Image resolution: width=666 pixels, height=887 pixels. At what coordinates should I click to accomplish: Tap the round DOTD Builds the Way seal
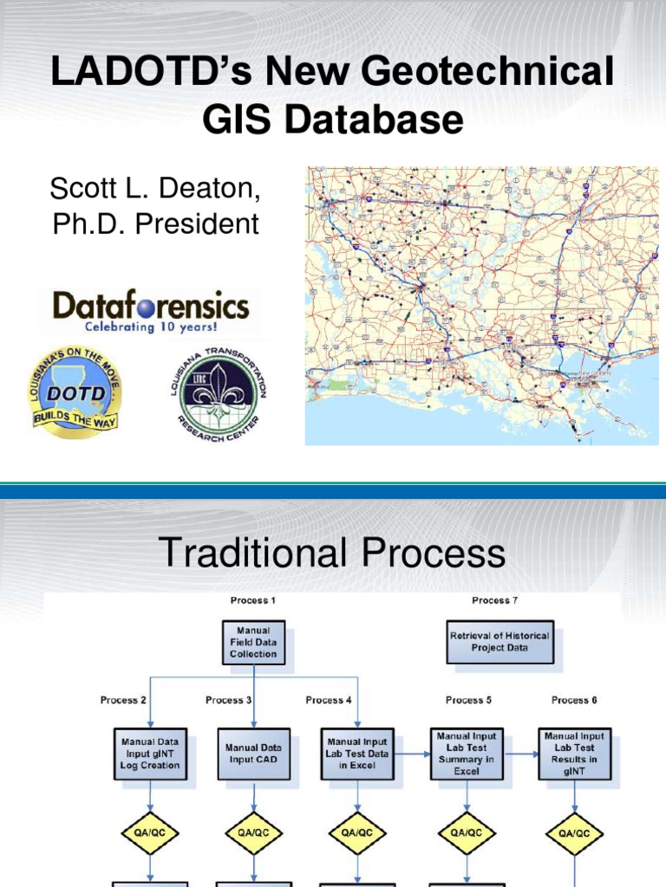(75, 392)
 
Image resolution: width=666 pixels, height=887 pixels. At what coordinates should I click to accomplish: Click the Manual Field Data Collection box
(253, 642)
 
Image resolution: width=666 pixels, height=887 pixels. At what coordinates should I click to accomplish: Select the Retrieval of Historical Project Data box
(499, 641)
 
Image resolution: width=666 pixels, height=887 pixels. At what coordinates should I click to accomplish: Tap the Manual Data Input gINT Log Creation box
(149, 753)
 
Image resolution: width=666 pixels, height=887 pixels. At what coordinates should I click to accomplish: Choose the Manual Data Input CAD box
(253, 753)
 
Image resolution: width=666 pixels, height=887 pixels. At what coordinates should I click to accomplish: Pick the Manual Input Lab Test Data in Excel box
(356, 753)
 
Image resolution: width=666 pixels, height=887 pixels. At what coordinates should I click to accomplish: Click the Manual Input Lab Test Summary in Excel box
(466, 753)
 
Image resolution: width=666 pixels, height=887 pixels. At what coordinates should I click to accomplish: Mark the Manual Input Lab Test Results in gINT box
(574, 753)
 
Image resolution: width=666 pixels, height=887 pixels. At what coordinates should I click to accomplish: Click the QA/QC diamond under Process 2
(149, 833)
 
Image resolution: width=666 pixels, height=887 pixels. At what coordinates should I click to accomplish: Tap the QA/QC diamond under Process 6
(574, 833)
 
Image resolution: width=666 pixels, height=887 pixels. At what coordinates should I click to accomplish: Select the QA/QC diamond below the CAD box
(253, 833)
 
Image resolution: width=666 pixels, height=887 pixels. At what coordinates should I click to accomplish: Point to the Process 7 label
(491, 599)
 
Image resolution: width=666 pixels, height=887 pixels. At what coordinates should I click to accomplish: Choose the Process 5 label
(468, 700)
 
